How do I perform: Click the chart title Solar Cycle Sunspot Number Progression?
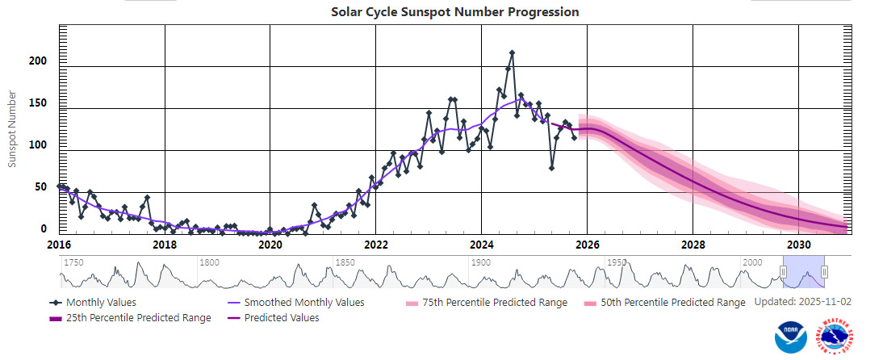coord(454,12)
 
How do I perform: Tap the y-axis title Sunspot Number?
coord(12,129)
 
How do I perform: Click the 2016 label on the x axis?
coord(60,245)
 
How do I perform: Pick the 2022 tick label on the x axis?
coord(376,245)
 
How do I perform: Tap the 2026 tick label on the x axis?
coord(587,245)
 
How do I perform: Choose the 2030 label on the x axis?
coord(798,245)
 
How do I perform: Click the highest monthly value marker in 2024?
coord(513,53)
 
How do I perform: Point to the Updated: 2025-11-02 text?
coord(803,302)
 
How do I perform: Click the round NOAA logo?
coord(790,337)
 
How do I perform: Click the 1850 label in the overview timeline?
coord(345,263)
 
